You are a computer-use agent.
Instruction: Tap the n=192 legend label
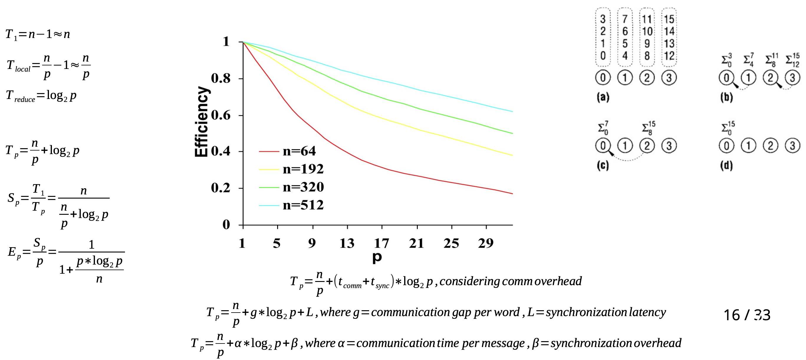pos(303,169)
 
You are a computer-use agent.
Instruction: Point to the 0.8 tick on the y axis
pos(221,78)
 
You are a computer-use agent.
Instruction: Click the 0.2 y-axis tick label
pos(221,188)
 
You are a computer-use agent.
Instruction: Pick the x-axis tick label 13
pos(347,243)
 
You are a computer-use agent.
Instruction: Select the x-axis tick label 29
pos(486,243)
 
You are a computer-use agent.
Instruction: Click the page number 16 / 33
pos(746,315)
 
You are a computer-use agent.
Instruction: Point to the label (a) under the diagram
pos(603,97)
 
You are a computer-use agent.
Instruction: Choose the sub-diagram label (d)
pos(726,165)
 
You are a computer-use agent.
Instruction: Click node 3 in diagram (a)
pos(669,77)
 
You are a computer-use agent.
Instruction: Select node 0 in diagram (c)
pos(603,146)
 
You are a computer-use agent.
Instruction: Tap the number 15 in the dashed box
pos(669,19)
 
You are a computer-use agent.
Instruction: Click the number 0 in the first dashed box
pos(603,56)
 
